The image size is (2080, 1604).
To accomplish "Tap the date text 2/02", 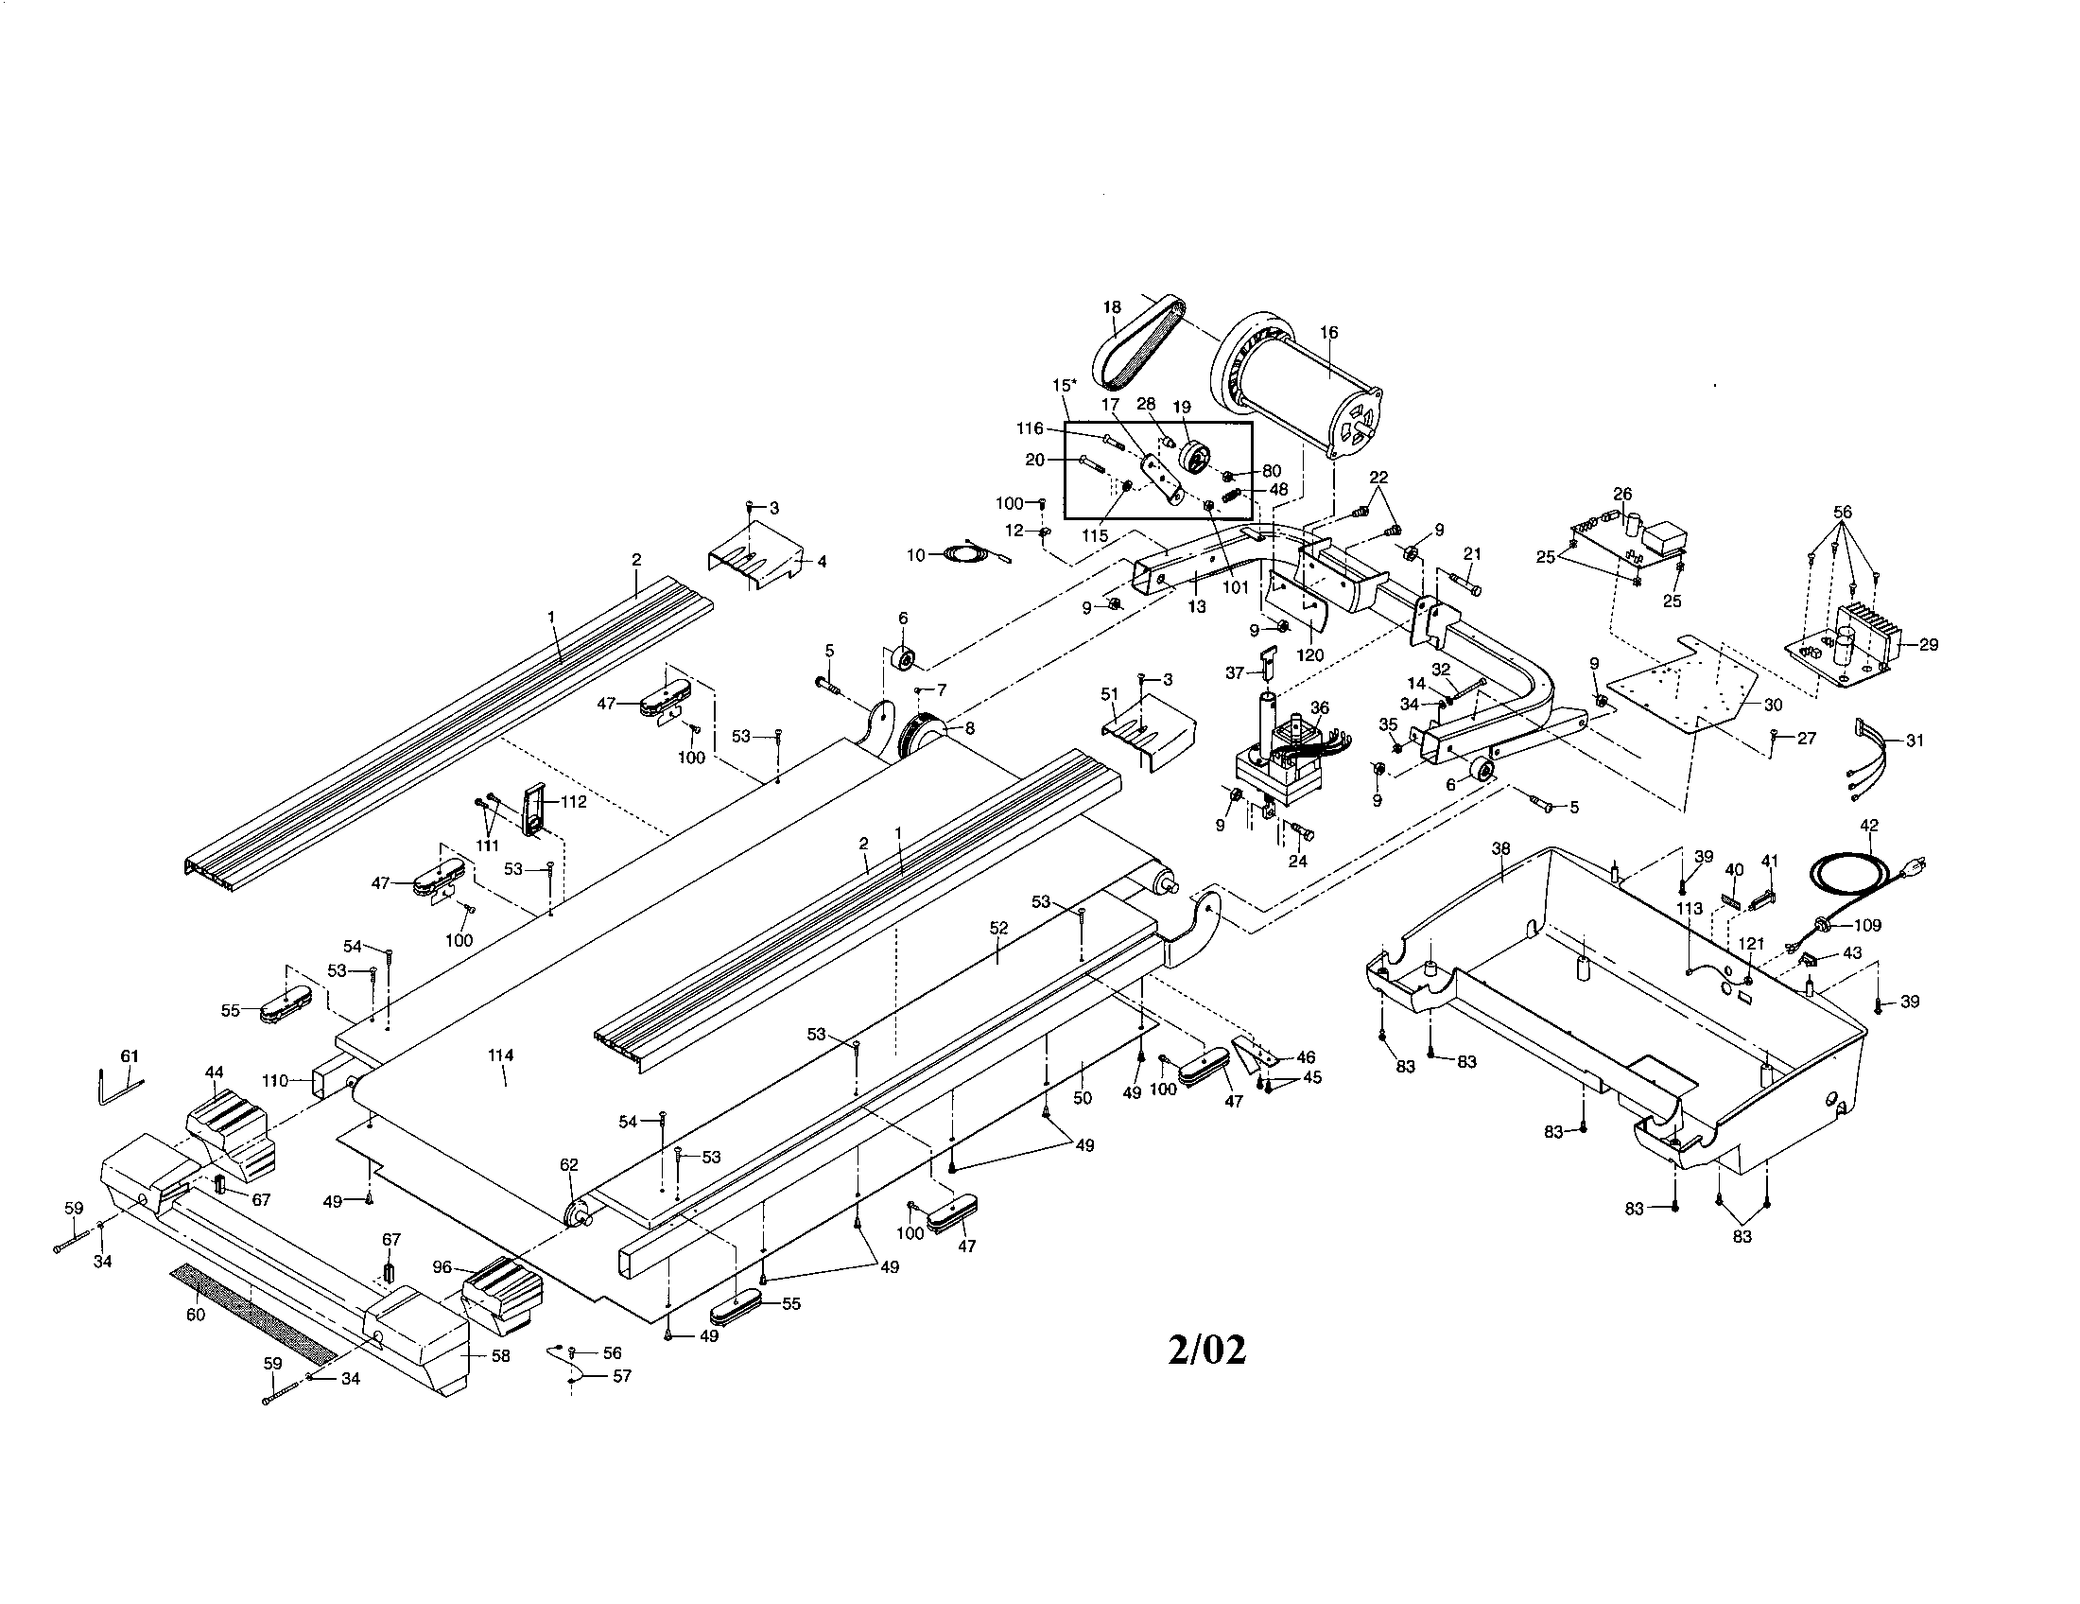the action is tap(1206, 1350).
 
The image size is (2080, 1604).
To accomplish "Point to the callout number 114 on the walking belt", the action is tap(500, 1055).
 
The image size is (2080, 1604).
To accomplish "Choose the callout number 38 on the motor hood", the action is tap(1501, 847).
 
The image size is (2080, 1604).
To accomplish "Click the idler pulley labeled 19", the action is tap(1193, 457).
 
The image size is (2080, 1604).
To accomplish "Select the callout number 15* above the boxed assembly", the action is tap(1065, 385).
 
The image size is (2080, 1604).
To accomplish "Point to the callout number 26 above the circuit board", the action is tap(1622, 494).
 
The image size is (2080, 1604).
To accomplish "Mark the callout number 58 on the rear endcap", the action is tap(501, 1355).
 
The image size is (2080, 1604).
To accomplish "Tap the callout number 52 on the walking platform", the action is tap(998, 927).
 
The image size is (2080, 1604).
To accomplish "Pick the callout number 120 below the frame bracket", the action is tap(1310, 655).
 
